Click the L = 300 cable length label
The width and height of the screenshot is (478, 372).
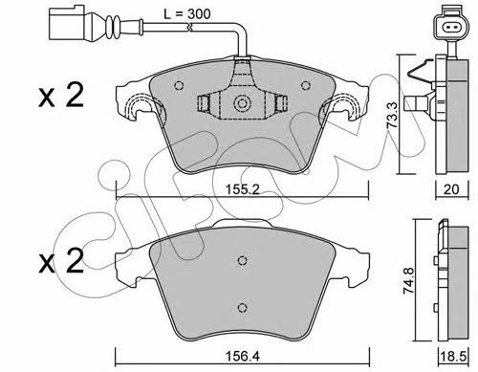point(186,14)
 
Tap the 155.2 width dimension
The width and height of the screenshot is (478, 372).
point(243,189)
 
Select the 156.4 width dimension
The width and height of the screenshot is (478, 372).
point(242,357)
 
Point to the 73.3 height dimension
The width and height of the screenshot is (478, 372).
point(392,115)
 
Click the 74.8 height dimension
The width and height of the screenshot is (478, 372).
point(408,280)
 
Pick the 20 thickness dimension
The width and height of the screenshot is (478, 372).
point(451,189)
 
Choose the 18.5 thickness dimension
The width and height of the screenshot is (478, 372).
point(452,357)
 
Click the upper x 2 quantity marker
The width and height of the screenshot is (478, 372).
point(61,95)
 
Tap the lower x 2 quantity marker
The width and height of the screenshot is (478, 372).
point(61,261)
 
